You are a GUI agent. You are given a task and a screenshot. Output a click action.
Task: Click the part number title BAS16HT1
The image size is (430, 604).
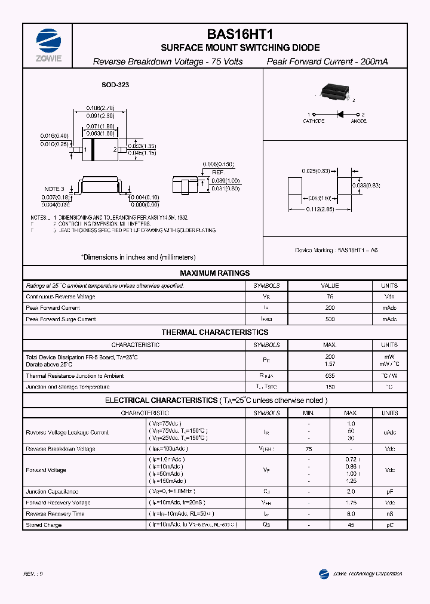tap(240, 35)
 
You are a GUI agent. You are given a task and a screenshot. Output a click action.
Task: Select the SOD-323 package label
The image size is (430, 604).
tap(115, 85)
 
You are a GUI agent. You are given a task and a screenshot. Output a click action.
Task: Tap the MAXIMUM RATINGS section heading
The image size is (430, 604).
tap(215, 273)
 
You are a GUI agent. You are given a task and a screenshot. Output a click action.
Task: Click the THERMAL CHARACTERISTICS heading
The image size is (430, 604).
tap(215, 332)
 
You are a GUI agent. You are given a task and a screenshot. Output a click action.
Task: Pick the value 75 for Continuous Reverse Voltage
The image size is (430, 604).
tap(330, 297)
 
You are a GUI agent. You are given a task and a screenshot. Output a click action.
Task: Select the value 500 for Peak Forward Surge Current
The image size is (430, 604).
tap(330, 319)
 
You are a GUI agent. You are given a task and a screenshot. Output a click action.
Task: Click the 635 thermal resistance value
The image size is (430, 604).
tap(330, 376)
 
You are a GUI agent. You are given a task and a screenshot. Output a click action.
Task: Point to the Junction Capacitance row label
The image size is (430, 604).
tap(52, 492)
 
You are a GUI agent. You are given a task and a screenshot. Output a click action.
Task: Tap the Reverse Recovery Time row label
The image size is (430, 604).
tap(55, 514)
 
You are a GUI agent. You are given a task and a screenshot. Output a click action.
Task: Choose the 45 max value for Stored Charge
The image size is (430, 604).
tap(351, 525)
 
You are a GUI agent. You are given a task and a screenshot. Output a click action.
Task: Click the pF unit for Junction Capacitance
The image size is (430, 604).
tap(390, 492)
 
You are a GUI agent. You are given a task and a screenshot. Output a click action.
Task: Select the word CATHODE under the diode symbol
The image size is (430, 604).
tap(313, 121)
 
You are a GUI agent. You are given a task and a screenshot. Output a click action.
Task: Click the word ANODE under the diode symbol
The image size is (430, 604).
tap(358, 121)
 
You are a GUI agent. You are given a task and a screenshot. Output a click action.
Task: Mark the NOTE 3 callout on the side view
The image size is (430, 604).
tap(54, 189)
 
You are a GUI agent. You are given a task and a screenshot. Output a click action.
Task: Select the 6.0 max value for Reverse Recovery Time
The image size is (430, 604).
tap(351, 514)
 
